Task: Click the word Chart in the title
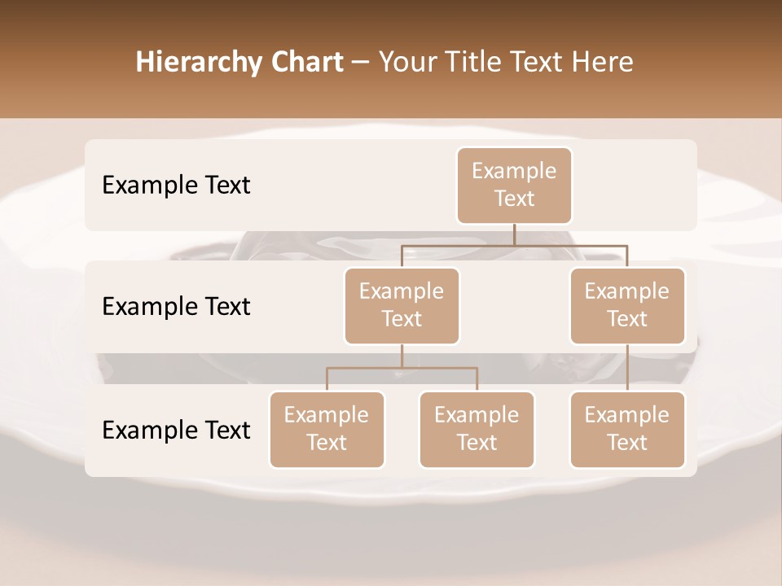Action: coord(307,63)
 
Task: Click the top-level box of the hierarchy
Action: coord(514,186)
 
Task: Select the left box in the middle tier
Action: coord(402,305)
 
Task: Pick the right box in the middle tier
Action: coord(627,305)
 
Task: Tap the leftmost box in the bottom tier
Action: coord(327,429)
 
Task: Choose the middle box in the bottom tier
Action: coord(477,429)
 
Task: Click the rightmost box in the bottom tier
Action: coord(627,429)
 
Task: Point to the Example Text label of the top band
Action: coord(176,185)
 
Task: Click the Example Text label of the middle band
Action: coord(176,306)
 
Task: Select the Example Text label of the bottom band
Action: coord(176,430)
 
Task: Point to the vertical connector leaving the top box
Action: coord(514,234)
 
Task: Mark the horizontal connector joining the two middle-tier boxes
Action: coord(514,245)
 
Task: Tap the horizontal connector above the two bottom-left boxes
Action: coord(402,368)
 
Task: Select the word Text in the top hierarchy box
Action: coord(514,199)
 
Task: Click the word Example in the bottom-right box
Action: coord(627,415)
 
